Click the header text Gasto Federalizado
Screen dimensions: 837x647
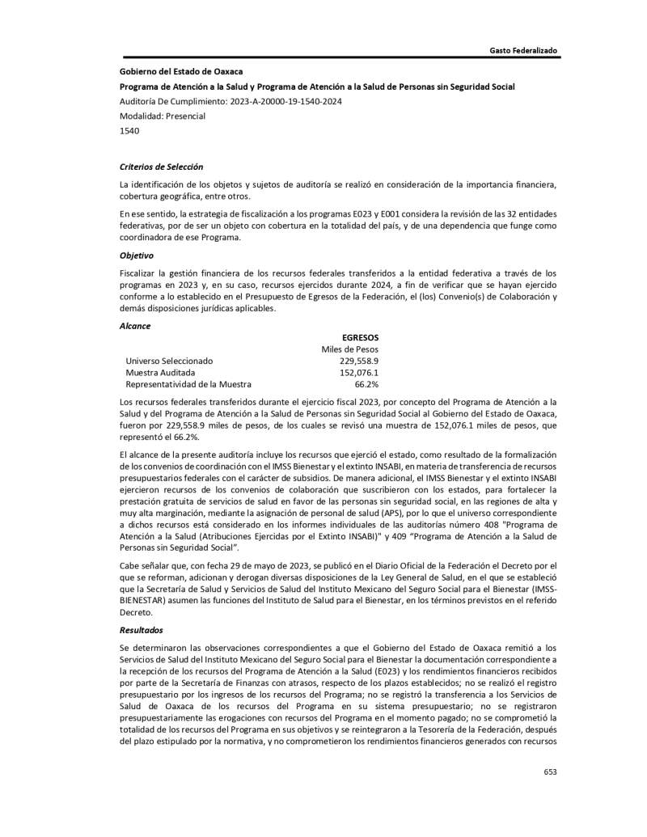[523, 51]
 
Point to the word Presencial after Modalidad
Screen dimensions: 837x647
[185, 116]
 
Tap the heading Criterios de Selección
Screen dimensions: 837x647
[161, 166]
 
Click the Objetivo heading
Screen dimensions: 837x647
[137, 255]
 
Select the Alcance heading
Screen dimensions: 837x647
[135, 326]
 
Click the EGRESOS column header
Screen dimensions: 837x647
[361, 337]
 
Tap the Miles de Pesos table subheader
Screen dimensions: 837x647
[350, 349]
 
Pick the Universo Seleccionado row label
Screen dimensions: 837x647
[169, 361]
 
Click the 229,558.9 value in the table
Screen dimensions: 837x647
[359, 361]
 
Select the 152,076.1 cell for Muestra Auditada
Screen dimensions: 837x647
[359, 373]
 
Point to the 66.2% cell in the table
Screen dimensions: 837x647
[366, 385]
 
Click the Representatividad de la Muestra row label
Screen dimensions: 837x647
[188, 385]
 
